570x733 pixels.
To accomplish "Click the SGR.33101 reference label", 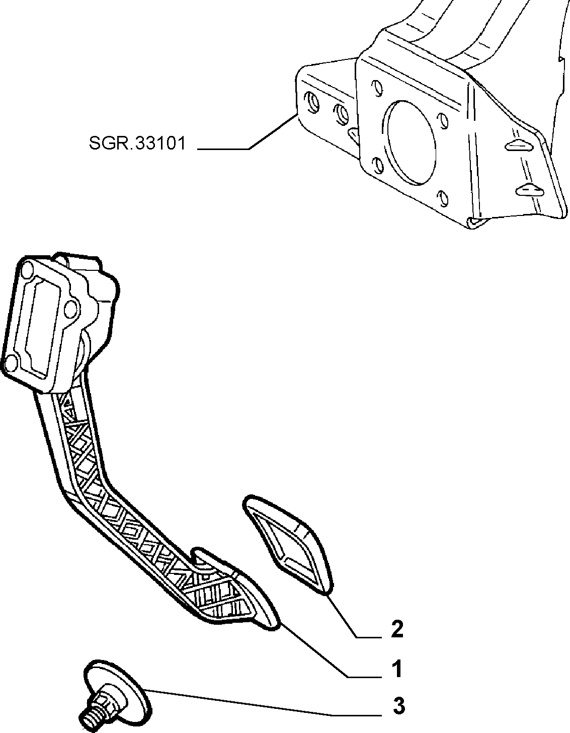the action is pos(137,143).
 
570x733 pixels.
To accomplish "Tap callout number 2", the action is pos(397,629).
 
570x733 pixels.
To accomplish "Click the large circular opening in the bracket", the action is pos(412,142).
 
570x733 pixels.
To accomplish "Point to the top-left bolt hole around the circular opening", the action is pos(377,88).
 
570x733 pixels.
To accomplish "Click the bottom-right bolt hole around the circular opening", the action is pos(443,199).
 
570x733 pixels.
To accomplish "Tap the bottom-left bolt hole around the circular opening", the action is pos(378,165).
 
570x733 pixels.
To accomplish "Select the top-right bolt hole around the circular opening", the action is pos(443,121).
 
